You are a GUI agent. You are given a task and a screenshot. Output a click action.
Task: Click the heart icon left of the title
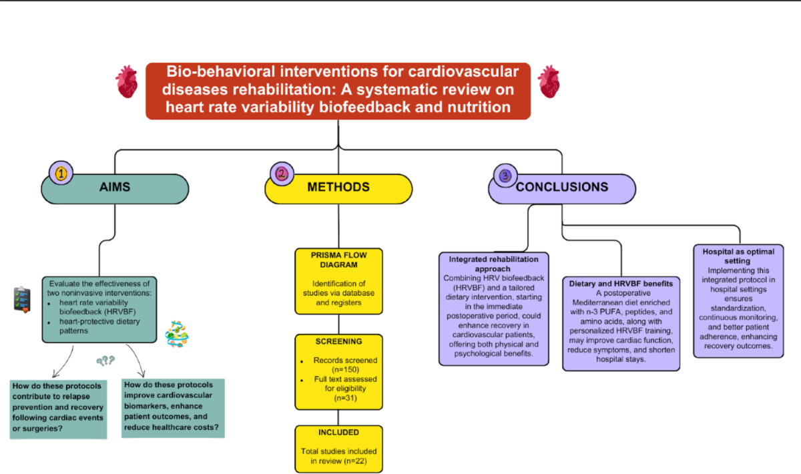127,81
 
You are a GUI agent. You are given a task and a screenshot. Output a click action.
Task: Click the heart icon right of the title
549,81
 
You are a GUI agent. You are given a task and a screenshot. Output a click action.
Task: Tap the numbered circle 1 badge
61,173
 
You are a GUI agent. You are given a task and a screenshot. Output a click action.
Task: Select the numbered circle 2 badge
282,174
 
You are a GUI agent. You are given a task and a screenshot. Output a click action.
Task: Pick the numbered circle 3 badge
505,176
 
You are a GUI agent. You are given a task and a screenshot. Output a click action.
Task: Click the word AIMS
115,187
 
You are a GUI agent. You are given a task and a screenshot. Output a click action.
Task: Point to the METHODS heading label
338,187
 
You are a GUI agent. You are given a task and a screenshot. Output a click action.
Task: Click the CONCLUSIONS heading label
562,187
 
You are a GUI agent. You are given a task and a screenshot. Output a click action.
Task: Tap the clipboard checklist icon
22,300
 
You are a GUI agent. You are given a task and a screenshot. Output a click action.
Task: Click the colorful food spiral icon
177,334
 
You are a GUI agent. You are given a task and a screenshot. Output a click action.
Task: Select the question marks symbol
105,361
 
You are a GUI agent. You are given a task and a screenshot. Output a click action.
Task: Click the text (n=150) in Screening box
346,370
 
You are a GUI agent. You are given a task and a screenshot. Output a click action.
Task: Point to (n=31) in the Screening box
346,398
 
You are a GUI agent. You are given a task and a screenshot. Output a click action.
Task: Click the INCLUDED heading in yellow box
338,433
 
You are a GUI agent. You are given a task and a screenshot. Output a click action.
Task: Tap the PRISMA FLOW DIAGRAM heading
338,260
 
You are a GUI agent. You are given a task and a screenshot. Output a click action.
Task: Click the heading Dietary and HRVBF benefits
621,284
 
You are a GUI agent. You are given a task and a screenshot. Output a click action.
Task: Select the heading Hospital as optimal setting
738,256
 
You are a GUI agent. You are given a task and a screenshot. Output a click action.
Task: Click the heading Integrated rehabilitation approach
493,264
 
